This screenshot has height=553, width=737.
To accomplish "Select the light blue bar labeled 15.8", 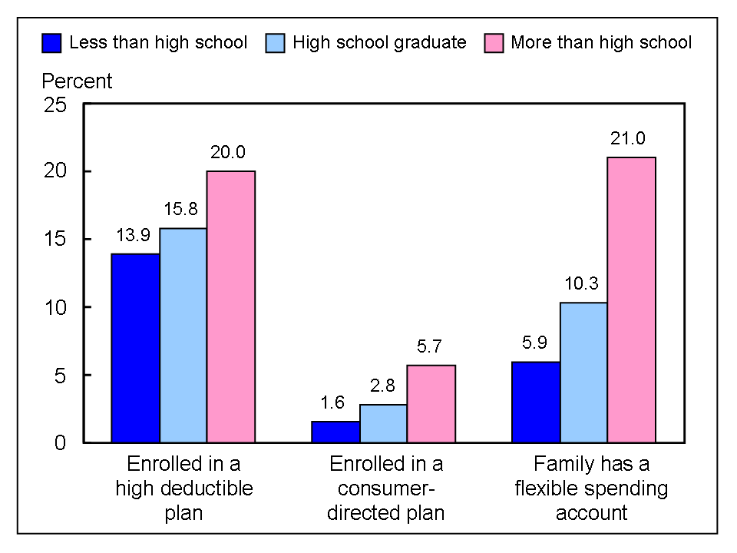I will [183, 336].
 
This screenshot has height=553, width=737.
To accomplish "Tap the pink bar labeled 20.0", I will [231, 306].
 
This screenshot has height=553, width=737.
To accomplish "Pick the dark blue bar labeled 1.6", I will [335, 432].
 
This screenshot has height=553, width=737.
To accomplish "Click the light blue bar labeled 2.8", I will [383, 423].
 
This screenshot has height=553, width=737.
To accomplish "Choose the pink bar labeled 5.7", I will [431, 404].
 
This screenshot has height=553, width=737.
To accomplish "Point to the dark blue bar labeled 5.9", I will [535, 402].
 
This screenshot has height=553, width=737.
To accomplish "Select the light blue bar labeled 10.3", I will [583, 373].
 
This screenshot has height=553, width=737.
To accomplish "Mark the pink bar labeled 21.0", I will [631, 300].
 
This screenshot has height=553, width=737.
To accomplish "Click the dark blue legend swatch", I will [51, 43].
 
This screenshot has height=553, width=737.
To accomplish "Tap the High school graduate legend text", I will [378, 42].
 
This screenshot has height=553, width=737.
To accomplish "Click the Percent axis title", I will [77, 81].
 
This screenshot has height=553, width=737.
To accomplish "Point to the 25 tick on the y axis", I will [57, 104].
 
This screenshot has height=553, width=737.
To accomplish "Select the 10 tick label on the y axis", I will [57, 307].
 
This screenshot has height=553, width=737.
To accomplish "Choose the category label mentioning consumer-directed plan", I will [386, 488].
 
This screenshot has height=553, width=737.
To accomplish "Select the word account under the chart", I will [591, 513].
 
